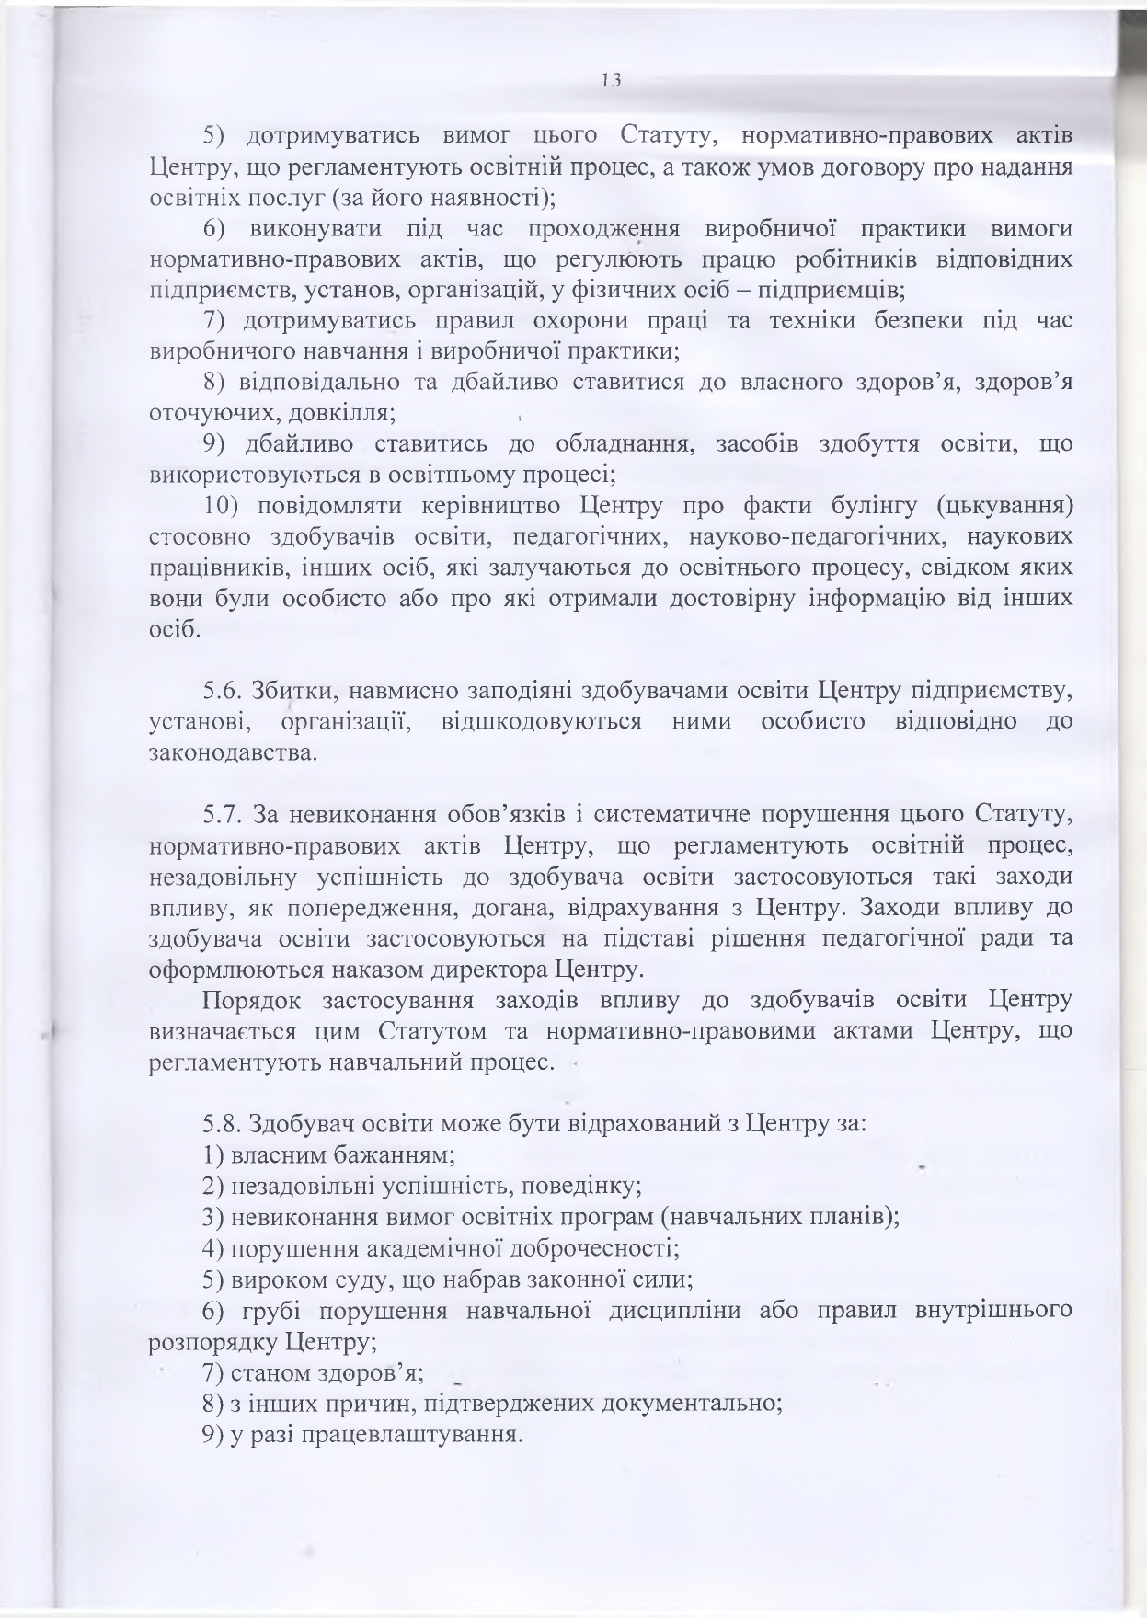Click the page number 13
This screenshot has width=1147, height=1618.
click(x=611, y=80)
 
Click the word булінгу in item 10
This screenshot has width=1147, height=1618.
click(x=870, y=505)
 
